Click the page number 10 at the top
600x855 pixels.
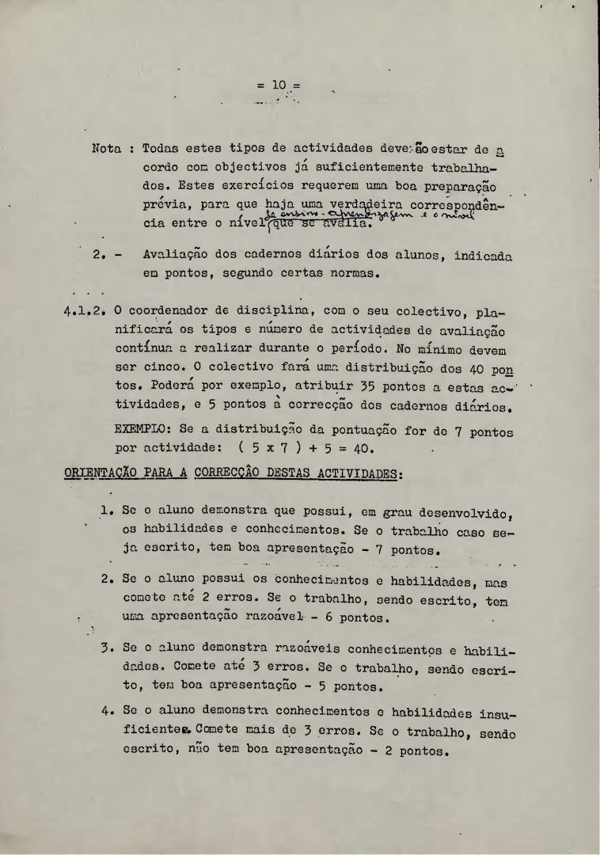(x=279, y=85)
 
